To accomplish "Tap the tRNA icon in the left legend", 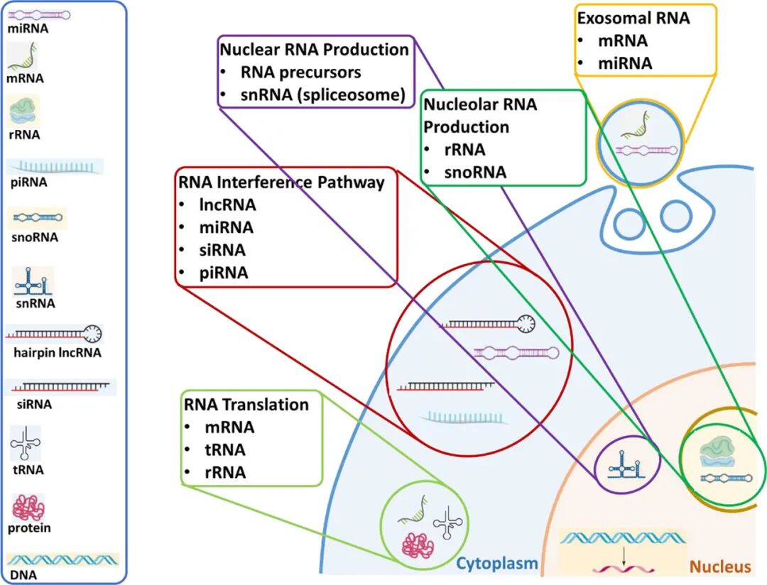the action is point(26,443).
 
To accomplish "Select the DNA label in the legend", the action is point(23,575).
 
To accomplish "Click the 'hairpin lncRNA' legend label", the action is point(58,353).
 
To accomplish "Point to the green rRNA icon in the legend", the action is point(23,110).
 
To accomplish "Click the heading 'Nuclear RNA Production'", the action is point(314,50).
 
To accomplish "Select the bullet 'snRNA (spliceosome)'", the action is point(323,94).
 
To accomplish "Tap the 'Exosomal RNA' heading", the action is point(633,18).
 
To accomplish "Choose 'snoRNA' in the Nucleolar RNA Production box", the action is point(475,173).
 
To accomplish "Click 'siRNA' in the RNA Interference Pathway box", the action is point(222,250).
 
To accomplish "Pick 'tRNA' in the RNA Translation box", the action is point(225,449).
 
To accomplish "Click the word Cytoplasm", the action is point(497,564).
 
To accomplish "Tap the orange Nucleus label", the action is point(720,567).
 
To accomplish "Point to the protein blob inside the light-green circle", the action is point(418,545).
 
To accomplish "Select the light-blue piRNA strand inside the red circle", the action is point(463,417).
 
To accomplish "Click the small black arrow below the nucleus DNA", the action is point(624,557).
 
